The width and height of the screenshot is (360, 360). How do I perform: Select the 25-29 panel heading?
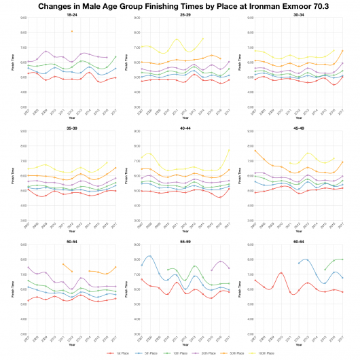click(x=185, y=14)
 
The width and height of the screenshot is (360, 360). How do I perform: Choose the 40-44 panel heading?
click(x=185, y=127)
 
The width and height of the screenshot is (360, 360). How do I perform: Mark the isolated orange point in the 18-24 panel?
click(x=72, y=31)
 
